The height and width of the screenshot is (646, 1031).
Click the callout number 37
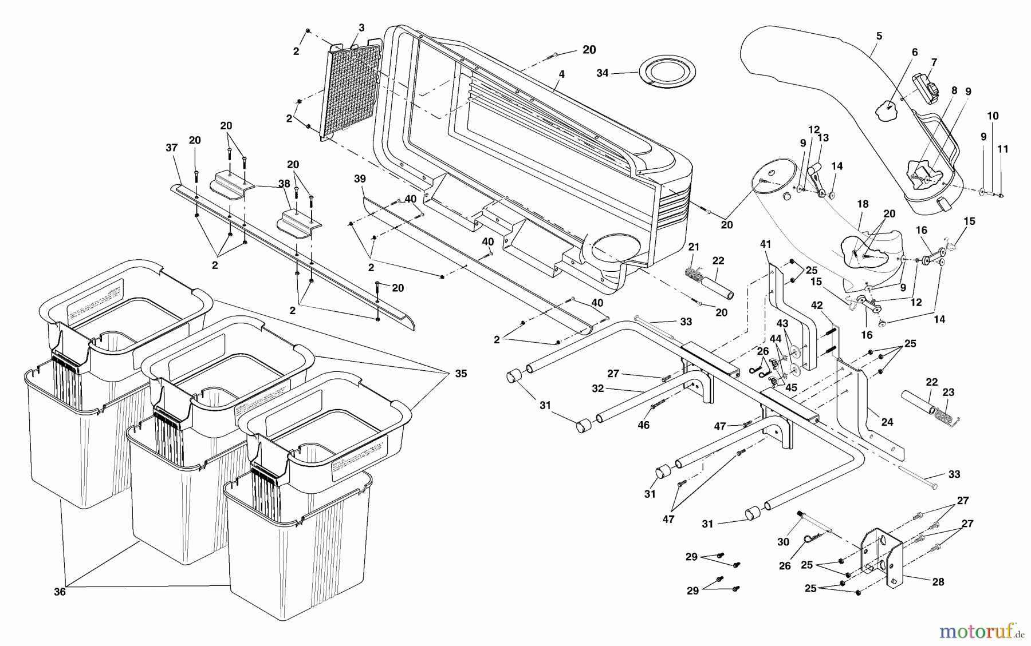coord(172,148)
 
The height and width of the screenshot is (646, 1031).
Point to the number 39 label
coord(359,179)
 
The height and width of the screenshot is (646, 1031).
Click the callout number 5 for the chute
coord(879,36)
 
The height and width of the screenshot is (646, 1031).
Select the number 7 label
coord(934,62)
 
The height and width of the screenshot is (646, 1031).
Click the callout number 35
coord(461,374)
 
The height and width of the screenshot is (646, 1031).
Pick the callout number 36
coord(60,592)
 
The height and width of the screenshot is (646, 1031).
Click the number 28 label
coord(938,582)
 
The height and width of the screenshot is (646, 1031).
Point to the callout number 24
coord(887,422)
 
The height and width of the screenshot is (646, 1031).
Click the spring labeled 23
coord(948,414)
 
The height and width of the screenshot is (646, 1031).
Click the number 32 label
coord(598,388)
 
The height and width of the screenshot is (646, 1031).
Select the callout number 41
coord(766,244)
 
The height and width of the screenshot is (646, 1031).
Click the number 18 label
coord(863,204)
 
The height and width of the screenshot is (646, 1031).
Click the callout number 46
coord(644,425)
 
